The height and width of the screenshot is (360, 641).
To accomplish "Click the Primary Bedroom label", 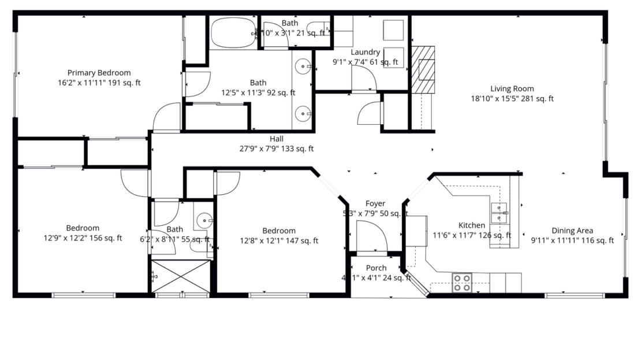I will click(x=99, y=73).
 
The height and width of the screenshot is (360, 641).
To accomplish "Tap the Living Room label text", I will click(x=512, y=88).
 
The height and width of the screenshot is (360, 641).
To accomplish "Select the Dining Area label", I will click(x=572, y=231).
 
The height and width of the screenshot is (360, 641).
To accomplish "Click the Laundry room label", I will click(x=364, y=52).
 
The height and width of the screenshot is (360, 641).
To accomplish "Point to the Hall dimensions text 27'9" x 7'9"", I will click(x=276, y=149).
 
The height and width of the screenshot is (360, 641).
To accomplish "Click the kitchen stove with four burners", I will click(x=461, y=283).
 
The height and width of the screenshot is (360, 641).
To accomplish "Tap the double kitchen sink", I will click(x=498, y=213).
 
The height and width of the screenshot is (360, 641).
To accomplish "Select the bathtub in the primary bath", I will click(x=233, y=33).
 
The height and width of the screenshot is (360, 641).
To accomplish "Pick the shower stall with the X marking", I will click(x=181, y=277).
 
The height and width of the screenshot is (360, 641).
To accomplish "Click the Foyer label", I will click(x=375, y=203).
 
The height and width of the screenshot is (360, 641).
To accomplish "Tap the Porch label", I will click(x=377, y=268).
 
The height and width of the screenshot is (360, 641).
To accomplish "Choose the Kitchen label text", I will click(x=472, y=225).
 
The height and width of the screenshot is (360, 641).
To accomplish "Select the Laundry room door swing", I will click(x=364, y=78).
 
